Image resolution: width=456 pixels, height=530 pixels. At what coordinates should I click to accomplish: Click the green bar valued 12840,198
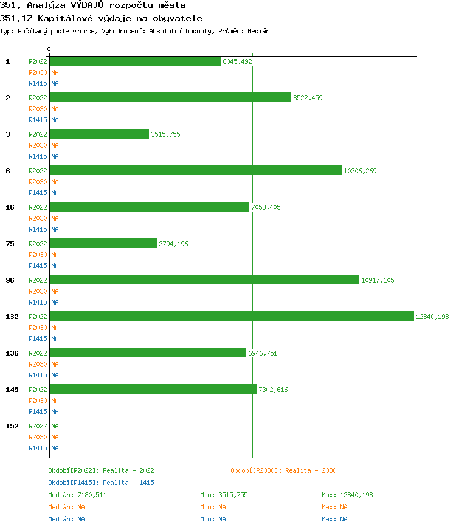point(232,316)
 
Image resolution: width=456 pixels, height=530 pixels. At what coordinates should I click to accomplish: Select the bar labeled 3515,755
point(99,134)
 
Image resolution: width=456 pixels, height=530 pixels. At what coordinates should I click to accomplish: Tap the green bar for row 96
point(204,280)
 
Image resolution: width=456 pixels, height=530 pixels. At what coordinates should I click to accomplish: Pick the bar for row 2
point(170,97)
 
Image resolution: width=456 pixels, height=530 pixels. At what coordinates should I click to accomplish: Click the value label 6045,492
point(237,61)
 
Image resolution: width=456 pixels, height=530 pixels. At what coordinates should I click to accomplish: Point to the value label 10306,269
point(360,171)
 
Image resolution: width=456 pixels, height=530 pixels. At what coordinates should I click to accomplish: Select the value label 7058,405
point(266,207)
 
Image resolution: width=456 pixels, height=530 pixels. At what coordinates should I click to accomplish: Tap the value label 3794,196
point(173,244)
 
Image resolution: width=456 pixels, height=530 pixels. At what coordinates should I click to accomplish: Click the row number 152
point(12,426)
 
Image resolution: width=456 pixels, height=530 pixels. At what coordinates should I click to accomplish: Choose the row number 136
point(12,353)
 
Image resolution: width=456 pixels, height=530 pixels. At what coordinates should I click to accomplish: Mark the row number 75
point(10,244)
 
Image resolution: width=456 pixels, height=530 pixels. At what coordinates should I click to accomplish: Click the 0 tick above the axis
point(49,49)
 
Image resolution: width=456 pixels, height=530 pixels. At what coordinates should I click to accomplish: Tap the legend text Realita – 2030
point(311,470)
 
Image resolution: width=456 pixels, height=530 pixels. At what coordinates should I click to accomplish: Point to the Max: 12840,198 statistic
point(347,495)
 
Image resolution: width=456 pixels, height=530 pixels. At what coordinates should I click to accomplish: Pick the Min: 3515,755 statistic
point(224,495)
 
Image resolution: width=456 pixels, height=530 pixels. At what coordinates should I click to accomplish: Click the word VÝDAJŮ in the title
point(91,5)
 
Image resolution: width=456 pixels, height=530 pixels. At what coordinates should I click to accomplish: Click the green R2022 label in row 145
point(38,390)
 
